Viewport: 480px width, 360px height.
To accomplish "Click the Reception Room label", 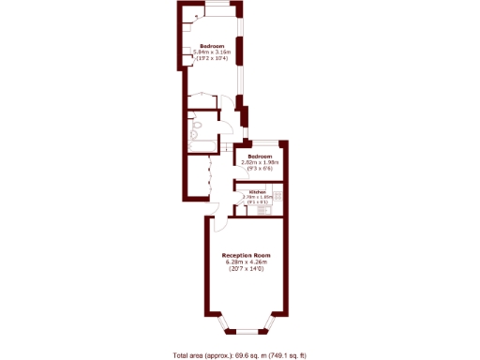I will coord(246,255).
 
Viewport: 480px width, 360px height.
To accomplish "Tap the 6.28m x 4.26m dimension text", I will coord(246,262).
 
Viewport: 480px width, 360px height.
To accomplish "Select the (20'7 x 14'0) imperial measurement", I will coord(246,269).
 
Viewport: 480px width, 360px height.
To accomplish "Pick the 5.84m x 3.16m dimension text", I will coord(210,52).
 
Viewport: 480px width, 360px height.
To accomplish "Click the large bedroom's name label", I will coord(210,45).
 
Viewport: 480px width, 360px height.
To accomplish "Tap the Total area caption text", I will coord(240,354).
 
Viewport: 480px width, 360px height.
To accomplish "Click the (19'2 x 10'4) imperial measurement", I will coord(210,59).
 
